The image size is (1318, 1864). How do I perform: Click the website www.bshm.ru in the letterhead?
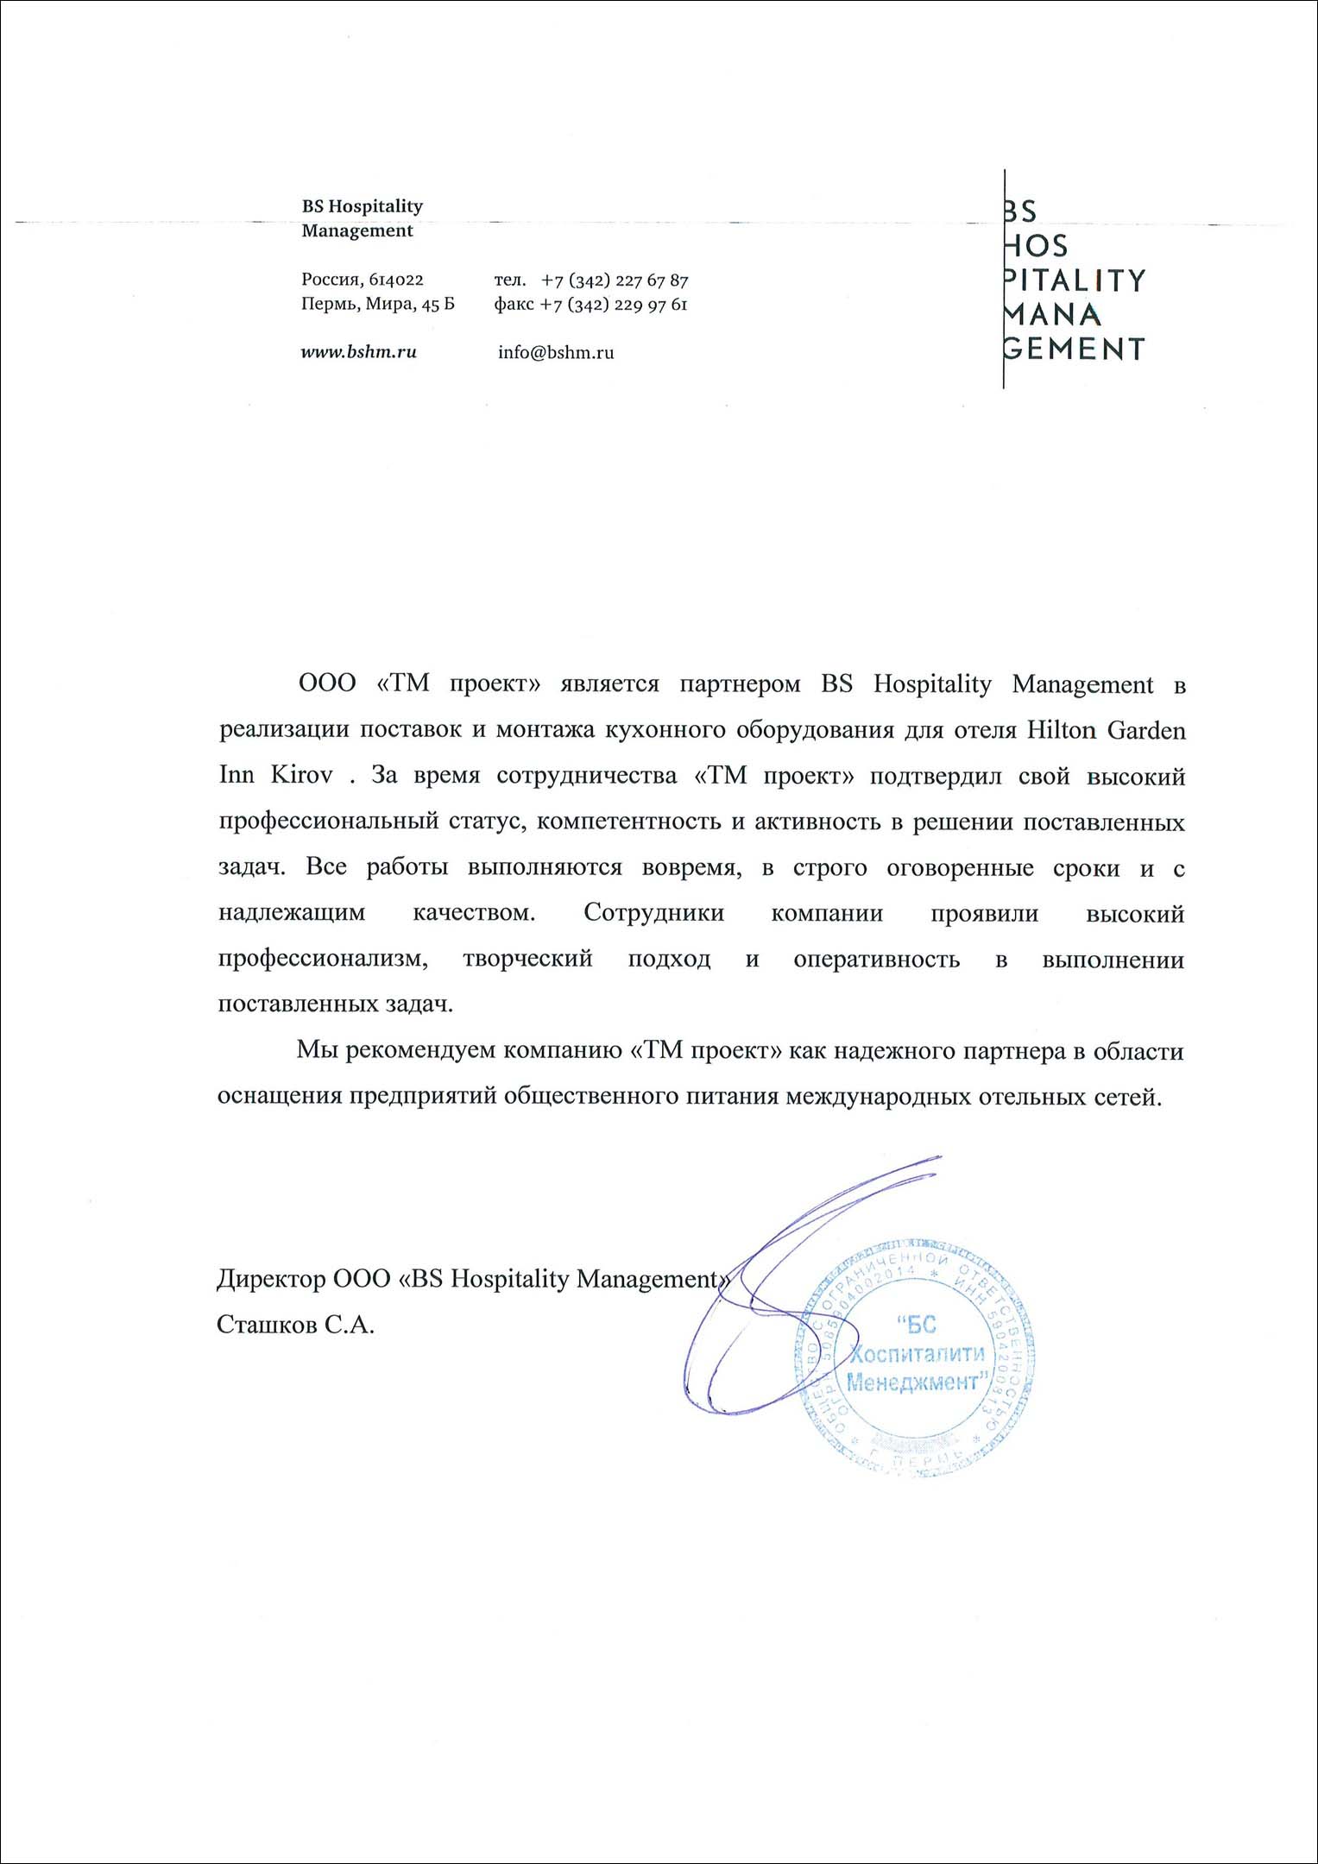click(x=358, y=352)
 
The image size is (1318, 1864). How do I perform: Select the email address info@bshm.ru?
click(x=556, y=352)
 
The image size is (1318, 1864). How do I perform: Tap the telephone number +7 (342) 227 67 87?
click(x=615, y=280)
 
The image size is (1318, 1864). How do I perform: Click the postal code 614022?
click(x=396, y=280)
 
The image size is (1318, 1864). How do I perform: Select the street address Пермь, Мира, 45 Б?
click(x=377, y=305)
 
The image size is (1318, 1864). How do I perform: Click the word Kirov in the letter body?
click(x=301, y=775)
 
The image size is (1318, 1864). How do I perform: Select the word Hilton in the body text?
click(x=1060, y=730)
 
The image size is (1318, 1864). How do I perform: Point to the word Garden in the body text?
click(x=1146, y=730)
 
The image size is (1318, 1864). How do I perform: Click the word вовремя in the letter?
click(x=691, y=867)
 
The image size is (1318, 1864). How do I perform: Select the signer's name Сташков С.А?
click(x=295, y=1325)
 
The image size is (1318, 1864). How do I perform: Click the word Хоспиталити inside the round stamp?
click(x=917, y=1353)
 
